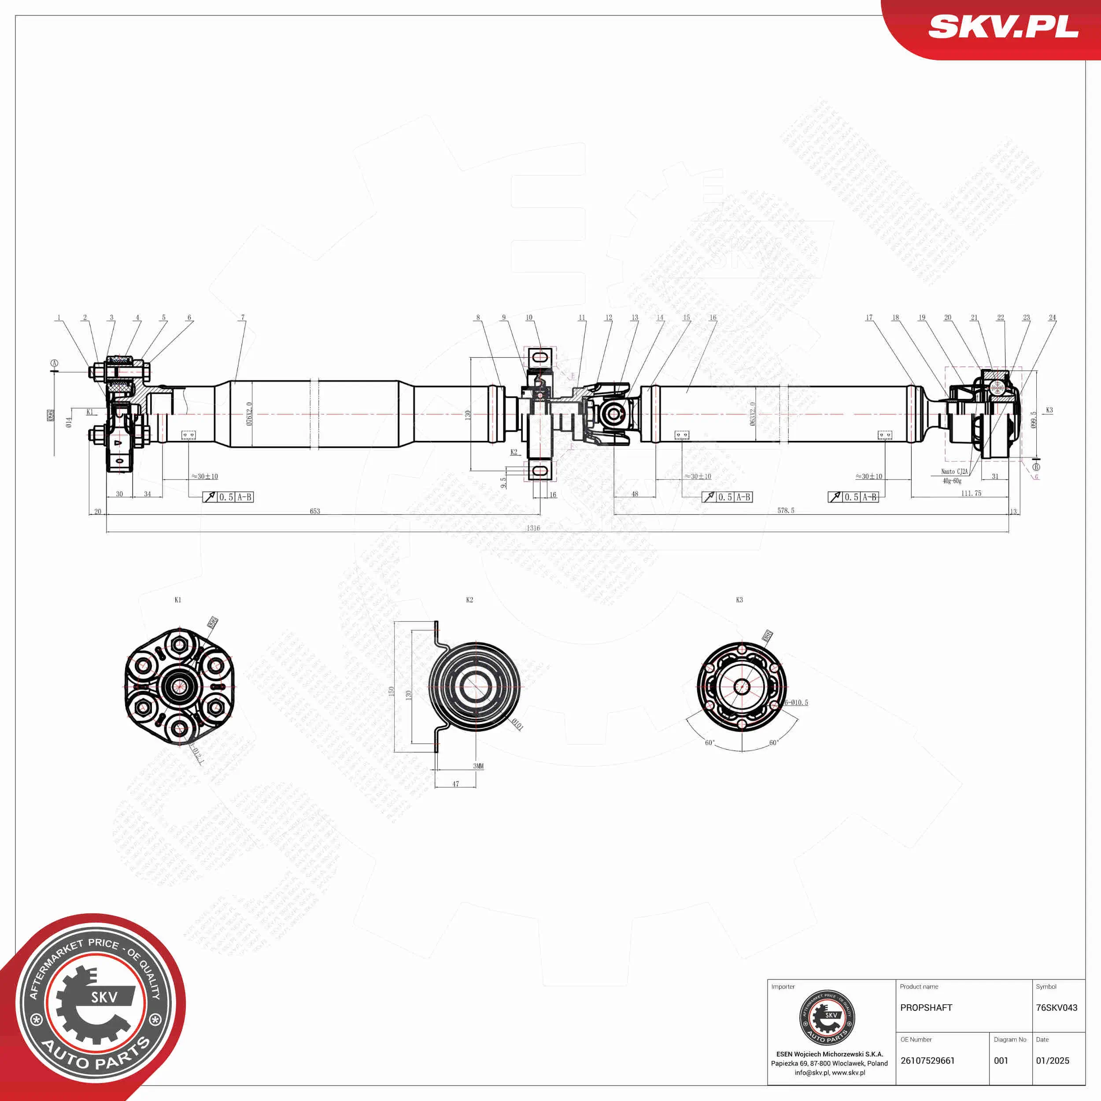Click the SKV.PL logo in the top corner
1003,27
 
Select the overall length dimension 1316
533,528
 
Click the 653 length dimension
314,511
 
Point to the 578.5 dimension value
785,510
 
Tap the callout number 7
243,318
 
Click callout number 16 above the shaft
712,318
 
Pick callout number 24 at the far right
1052,318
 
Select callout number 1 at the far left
59,318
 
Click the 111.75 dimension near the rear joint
971,494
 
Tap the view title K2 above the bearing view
469,599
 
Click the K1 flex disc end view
180,686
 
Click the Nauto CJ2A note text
954,472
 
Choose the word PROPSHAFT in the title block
926,1008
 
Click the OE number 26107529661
927,1060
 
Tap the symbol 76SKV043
1056,1008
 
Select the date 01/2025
1052,1060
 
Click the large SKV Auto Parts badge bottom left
94,1005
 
